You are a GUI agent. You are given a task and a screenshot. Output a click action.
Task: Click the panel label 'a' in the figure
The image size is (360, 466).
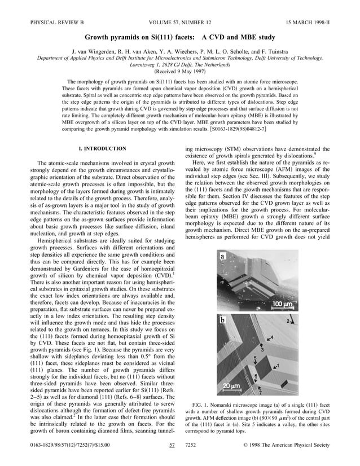222,256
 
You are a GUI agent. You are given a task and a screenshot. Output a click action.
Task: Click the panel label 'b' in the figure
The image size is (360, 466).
223,320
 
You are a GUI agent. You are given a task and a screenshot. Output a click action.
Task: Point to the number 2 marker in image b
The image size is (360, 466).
288,321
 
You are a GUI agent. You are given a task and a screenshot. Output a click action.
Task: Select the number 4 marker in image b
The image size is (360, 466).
271,338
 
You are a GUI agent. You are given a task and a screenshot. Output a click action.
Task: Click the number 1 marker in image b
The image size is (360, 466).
277,366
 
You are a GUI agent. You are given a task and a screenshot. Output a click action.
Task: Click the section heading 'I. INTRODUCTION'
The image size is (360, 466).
104,148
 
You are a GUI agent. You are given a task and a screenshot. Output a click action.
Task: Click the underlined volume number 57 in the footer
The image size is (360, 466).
172,445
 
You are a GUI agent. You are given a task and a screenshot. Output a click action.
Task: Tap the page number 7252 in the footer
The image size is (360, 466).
191,445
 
